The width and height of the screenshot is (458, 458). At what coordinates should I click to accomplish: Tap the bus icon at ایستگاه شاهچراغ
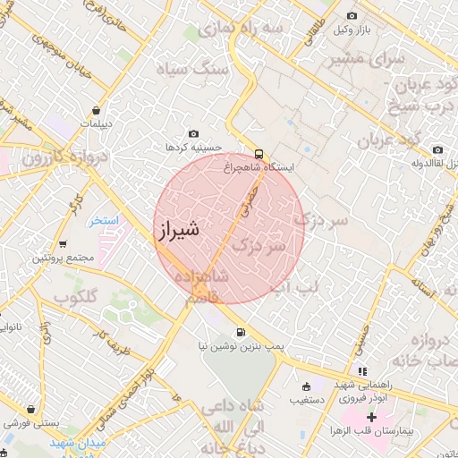[x=259, y=152]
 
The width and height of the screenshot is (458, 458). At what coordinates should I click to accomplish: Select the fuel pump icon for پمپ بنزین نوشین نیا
[x=240, y=333]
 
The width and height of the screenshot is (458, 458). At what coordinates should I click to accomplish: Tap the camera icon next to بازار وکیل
[x=352, y=16]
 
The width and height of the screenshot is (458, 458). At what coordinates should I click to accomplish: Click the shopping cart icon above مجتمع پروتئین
[x=62, y=244]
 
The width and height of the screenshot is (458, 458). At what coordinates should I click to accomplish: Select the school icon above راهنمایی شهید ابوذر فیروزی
[x=361, y=371]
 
